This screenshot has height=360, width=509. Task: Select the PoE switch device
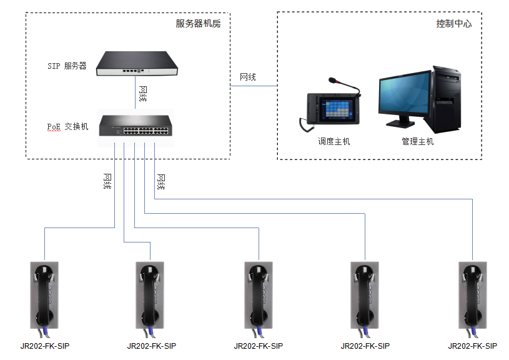coord(136,127)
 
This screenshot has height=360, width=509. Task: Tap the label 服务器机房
coord(198,24)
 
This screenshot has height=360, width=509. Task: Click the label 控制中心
coord(453,24)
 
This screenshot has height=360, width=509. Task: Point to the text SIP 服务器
coord(67,65)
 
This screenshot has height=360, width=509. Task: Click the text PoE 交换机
coord(67,126)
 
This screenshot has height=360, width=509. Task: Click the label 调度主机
coord(334,141)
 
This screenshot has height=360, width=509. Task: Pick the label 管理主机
coord(418,141)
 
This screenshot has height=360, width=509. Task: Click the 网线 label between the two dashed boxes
coord(248,77)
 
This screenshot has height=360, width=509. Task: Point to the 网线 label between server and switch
coord(143,94)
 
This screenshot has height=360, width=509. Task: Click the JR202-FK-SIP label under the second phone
coord(151,346)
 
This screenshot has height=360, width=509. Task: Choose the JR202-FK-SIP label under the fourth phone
coord(365,346)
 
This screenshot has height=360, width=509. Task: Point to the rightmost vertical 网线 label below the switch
coord(161,182)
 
